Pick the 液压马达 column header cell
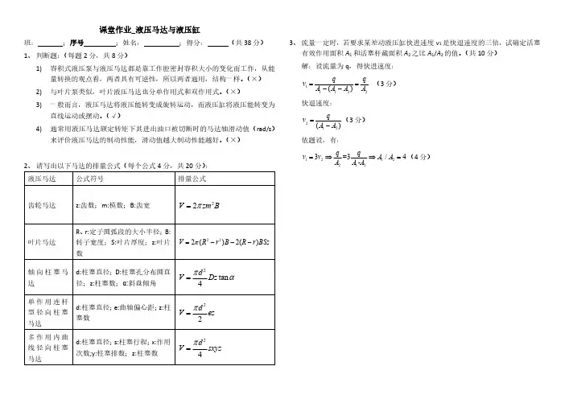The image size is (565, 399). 41,179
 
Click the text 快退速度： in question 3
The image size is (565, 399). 316,104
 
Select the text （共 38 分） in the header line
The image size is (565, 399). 245,42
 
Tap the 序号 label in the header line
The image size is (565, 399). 76,42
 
